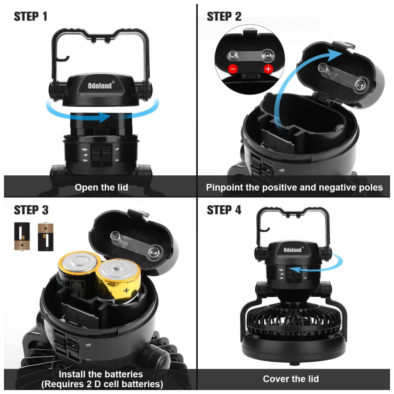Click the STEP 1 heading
pos(31,17)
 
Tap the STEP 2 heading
pos(224,17)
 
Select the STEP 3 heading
pos(31,210)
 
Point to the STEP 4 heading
pos(224,210)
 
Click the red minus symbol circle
pos(233,69)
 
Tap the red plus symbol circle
pos(268,69)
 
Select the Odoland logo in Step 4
pos(293,249)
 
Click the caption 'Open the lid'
pos(101,188)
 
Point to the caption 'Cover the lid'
pos(291,379)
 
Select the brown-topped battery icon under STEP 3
pos(45,237)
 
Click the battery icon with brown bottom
pos(22,236)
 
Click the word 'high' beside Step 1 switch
pos(84,149)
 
